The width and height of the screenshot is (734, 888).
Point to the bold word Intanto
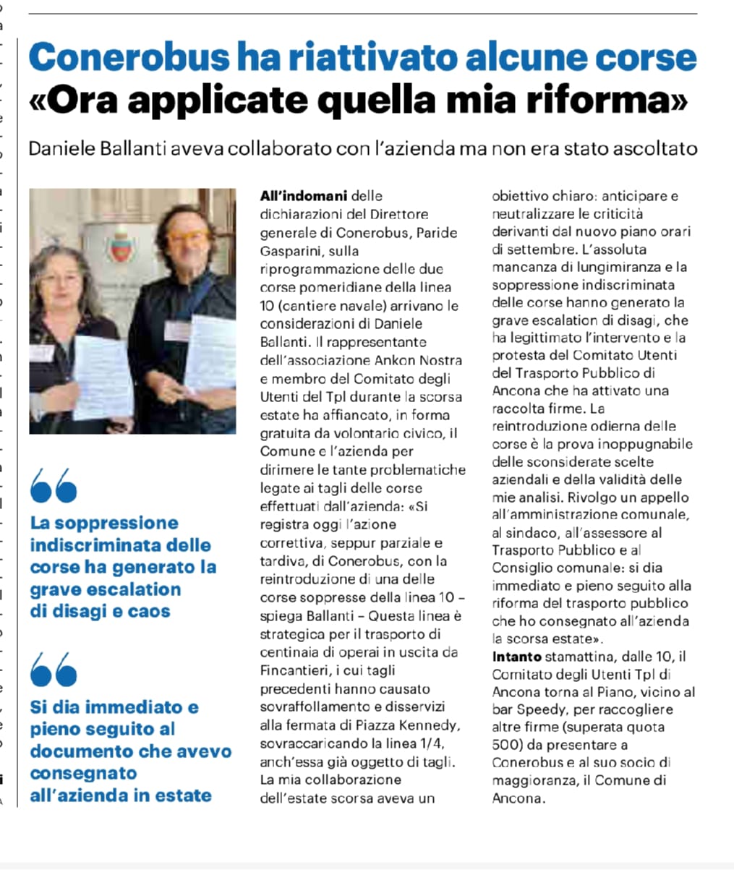coord(516,657)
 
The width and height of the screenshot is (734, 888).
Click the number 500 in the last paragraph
coord(504,745)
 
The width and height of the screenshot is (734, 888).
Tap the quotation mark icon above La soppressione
coord(54,485)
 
